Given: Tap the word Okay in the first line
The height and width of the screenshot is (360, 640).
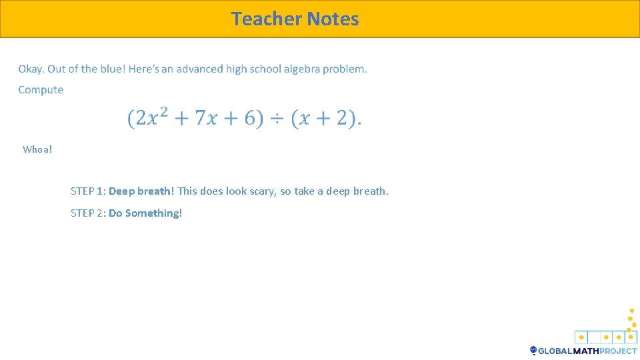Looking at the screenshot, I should click(x=31, y=69).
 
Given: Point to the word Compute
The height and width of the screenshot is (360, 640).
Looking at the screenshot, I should click(x=41, y=90).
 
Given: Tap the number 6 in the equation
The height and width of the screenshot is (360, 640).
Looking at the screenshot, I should click(x=250, y=119).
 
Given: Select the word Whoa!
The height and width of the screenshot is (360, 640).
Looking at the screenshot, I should click(x=37, y=149).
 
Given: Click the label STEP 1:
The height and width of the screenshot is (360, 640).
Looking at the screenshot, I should click(x=88, y=191).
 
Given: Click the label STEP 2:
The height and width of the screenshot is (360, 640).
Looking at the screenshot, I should click(x=88, y=213).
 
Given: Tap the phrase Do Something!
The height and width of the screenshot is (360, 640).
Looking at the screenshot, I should click(x=145, y=213).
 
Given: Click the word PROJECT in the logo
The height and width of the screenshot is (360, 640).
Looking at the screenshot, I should click(x=618, y=351).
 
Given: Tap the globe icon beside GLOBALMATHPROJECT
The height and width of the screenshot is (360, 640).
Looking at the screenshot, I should click(x=533, y=351).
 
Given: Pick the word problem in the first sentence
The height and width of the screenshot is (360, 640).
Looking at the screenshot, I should click(x=345, y=69).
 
